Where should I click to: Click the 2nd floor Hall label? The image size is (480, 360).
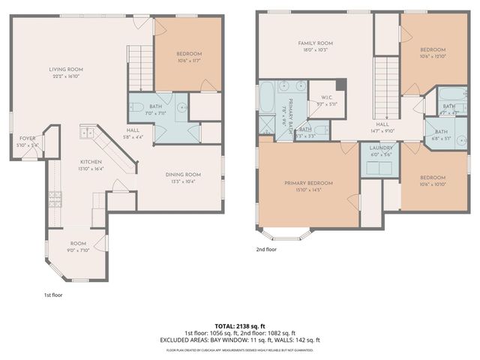[383, 127]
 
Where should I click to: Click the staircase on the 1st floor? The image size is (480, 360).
[139, 58]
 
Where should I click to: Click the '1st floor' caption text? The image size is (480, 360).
[53, 295]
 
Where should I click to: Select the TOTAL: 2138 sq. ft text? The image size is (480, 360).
[239, 326]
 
